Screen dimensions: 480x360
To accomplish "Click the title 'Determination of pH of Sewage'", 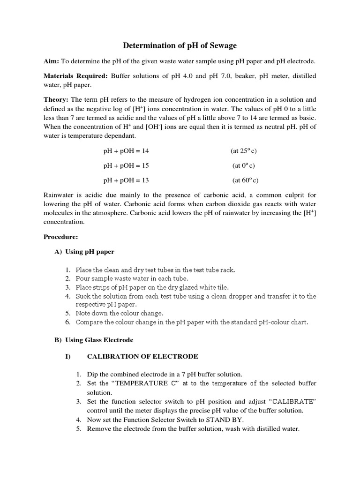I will pyautogui.click(x=180, y=45).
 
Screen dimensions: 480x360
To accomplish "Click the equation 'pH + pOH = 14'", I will pyautogui.click(x=126, y=151).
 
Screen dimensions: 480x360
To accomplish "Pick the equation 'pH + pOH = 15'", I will pyautogui.click(x=126, y=165).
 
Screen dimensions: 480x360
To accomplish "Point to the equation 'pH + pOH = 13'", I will pyautogui.click(x=126, y=180).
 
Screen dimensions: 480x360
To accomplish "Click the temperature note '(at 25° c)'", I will pyautogui.click(x=244, y=151).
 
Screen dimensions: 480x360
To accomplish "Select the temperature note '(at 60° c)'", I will pyautogui.click(x=245, y=180).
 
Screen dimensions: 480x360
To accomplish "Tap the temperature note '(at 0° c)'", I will pyautogui.click(x=244, y=165).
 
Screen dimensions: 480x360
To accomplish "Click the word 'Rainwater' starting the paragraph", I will pyautogui.click(x=59, y=195).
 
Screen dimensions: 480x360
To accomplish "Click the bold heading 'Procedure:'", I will pyautogui.click(x=60, y=237).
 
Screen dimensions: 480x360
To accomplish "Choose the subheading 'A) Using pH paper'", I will pyautogui.click(x=84, y=252).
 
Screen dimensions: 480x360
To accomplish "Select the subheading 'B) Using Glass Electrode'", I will pyautogui.click(x=94, y=340).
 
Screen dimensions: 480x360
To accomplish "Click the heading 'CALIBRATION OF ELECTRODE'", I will pyautogui.click(x=142, y=357).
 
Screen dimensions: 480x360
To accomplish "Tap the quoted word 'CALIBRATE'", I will pyautogui.click(x=292, y=402).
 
